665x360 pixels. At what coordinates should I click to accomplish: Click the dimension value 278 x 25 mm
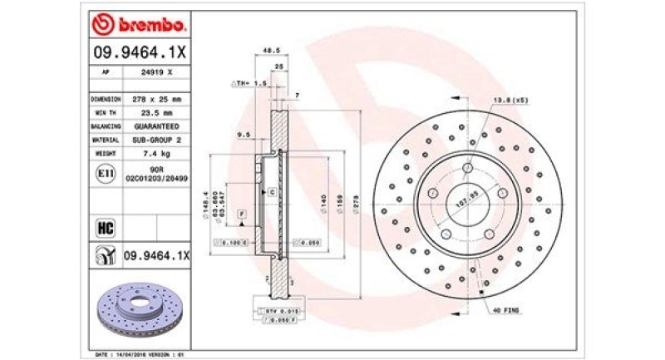coord(156,98)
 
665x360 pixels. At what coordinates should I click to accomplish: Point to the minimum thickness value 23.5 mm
coord(156,112)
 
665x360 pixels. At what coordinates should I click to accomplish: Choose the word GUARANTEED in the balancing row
coord(156,126)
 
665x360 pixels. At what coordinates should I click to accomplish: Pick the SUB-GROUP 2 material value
coord(156,141)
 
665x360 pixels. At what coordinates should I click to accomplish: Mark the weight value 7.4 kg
coord(156,155)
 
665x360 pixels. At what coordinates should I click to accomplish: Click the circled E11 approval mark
coord(106,175)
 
